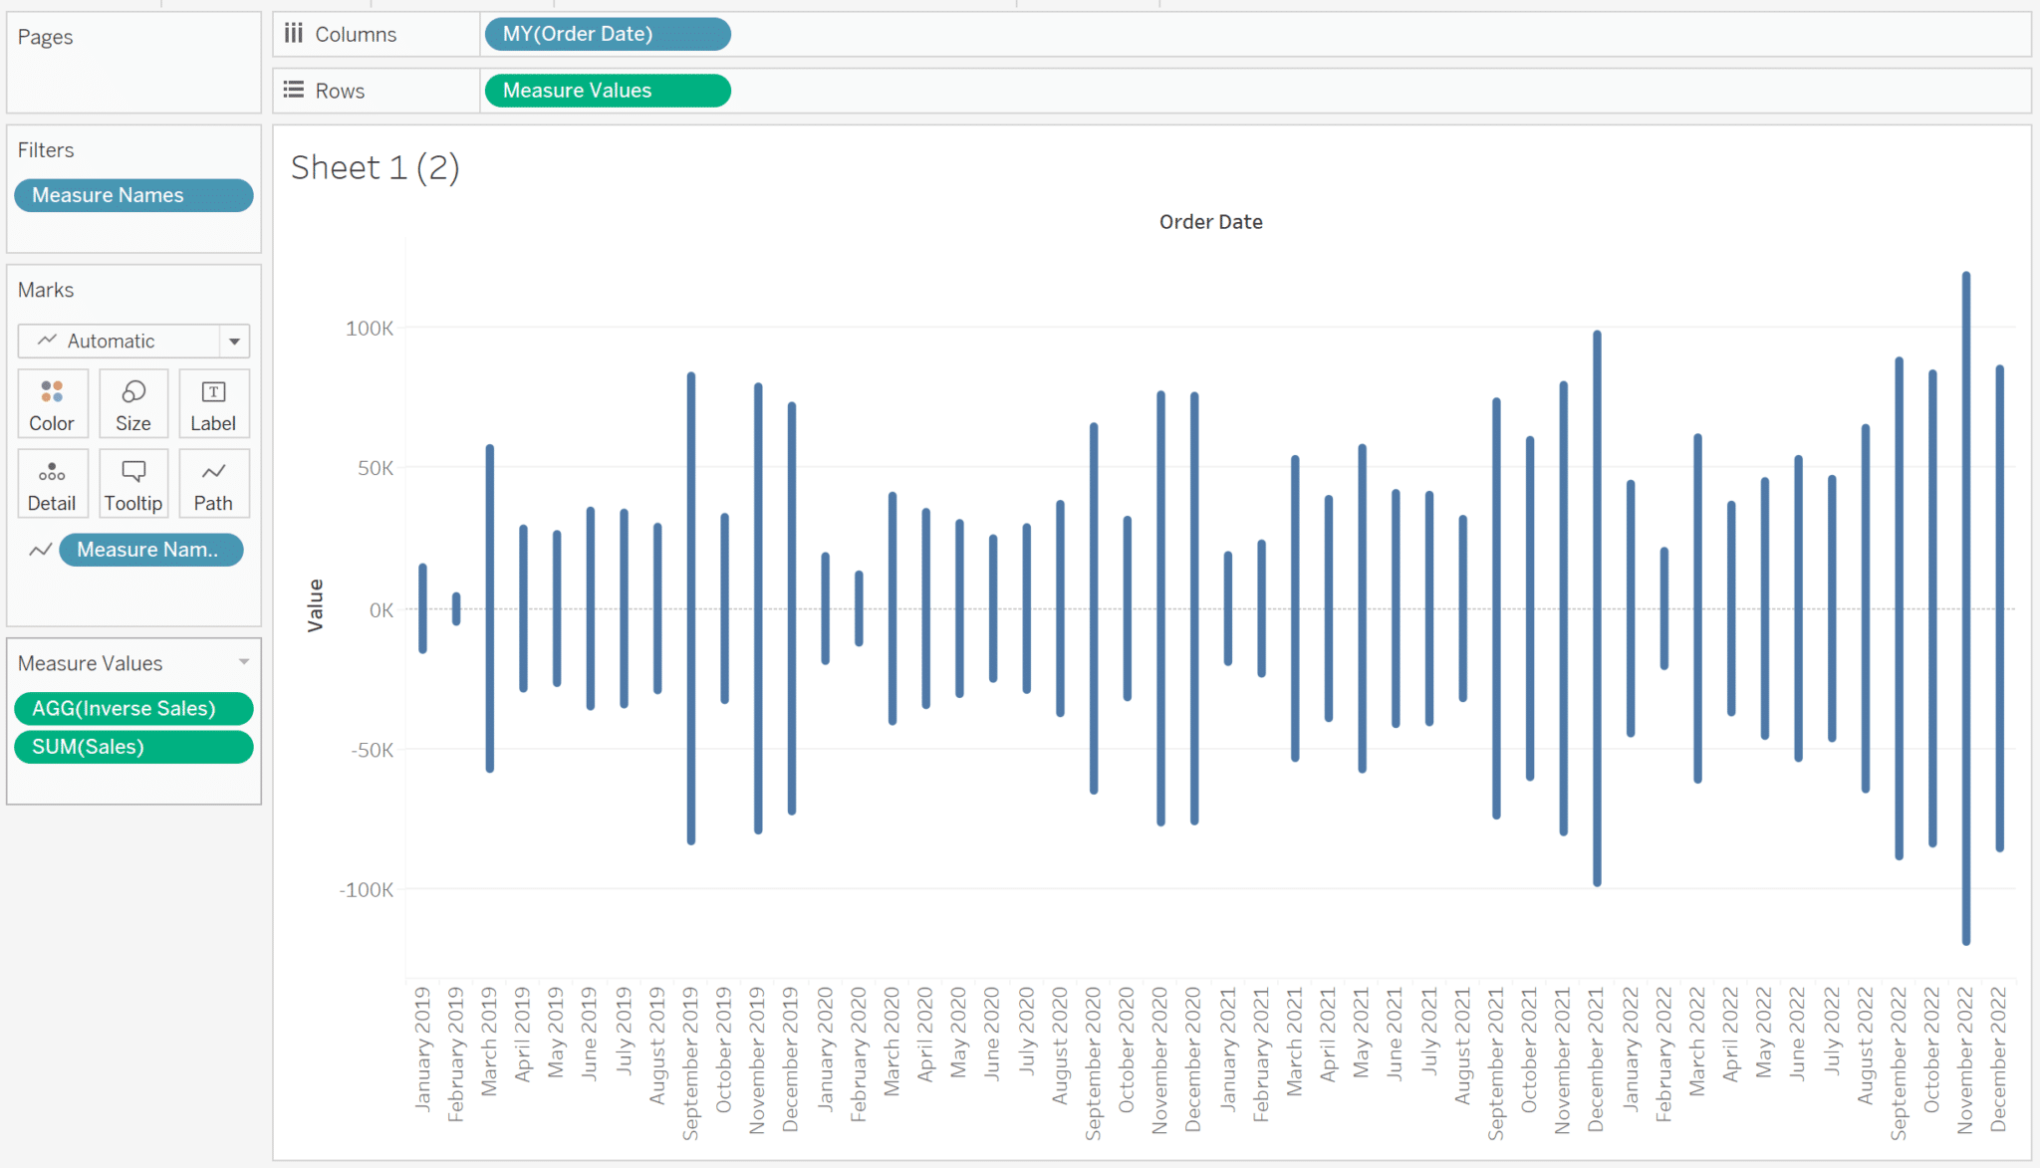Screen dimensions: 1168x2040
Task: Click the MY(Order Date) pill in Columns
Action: click(607, 34)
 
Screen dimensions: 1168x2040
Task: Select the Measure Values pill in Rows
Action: click(607, 91)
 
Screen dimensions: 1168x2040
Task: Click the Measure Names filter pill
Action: click(133, 195)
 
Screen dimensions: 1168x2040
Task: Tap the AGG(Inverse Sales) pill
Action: click(133, 708)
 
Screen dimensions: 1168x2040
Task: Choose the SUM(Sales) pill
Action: click(133, 747)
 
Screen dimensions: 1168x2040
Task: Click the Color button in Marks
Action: click(52, 403)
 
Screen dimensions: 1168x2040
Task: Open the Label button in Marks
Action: click(213, 403)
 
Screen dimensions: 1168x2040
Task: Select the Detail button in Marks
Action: click(52, 483)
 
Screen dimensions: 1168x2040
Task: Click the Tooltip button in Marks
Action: click(133, 483)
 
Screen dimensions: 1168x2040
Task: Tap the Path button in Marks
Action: click(213, 483)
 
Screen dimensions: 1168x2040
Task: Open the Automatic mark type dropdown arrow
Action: click(234, 342)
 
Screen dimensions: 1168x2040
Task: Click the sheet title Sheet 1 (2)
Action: click(375, 167)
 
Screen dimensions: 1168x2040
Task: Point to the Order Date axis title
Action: click(1210, 222)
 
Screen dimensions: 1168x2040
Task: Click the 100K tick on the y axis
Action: click(370, 329)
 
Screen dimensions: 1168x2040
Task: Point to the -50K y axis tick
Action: click(372, 750)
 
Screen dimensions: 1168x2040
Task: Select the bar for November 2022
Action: click(1966, 607)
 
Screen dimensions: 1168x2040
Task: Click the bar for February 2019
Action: click(456, 609)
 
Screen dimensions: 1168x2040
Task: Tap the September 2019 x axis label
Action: click(690, 1062)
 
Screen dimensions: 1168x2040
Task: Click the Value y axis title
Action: click(316, 605)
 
